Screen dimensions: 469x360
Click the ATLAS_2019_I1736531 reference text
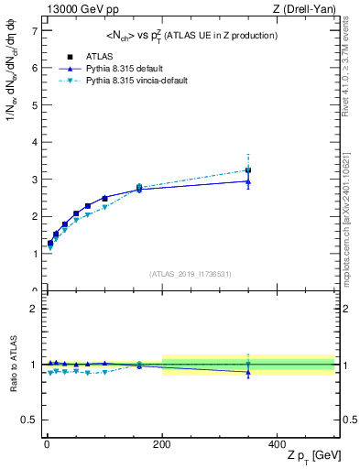click(190, 273)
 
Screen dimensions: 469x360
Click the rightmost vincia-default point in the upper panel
click(248, 169)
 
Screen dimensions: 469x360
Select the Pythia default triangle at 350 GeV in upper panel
click(248, 181)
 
